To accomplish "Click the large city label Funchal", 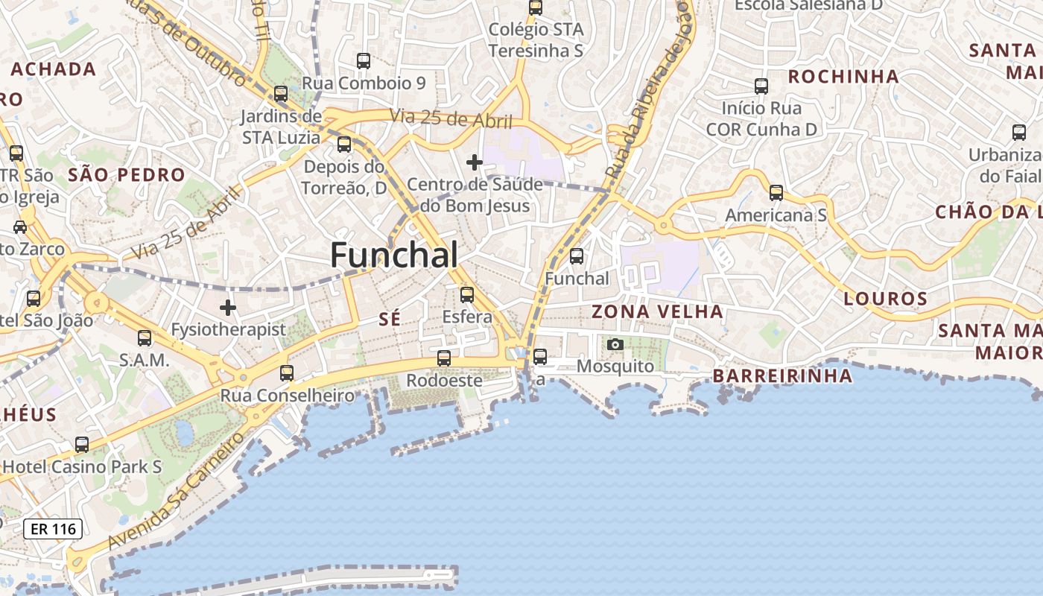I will point(394,256).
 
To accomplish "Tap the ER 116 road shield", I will point(52,530).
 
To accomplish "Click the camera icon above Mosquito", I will point(615,344).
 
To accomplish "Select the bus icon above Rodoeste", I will point(444,358).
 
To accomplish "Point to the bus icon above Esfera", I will point(467,295).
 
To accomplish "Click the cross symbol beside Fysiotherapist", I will point(228,307).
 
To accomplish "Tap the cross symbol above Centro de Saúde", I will point(474,162).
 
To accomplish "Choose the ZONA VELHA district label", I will point(657,311).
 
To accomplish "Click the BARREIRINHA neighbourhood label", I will point(782,375).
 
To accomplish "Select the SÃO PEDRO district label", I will point(127,175).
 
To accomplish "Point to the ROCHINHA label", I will point(843,77).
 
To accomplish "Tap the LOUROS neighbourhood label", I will point(885,299).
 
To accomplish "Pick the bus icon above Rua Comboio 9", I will point(364,61).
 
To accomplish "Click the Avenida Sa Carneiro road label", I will point(176,492).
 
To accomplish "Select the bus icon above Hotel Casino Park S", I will point(82,445).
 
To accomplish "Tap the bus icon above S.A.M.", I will point(145,337).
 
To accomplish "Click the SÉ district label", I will point(390,319).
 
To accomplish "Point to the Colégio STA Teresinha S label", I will point(536,40).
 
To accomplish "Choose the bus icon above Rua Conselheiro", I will point(287,373).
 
